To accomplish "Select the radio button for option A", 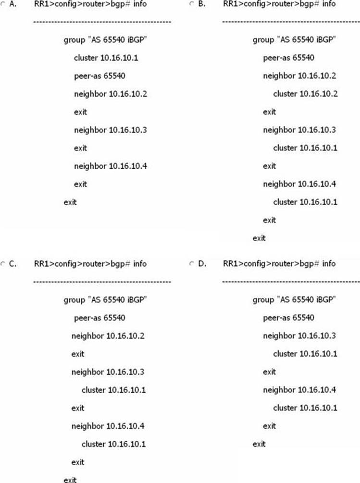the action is click(x=2, y=4).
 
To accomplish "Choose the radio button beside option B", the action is click(x=192, y=4).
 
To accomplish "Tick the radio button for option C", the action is click(x=2, y=264).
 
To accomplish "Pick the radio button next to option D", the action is click(x=192, y=264).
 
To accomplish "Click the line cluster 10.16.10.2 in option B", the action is click(x=305, y=94).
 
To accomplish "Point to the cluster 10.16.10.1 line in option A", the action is click(x=106, y=58).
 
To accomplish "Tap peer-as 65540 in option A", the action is click(x=99, y=76).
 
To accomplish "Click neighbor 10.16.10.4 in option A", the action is click(x=110, y=166).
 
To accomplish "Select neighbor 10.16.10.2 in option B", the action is click(x=299, y=76).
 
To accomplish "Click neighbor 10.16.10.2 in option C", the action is click(x=108, y=336).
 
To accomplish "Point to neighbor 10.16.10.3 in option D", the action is click(x=299, y=336).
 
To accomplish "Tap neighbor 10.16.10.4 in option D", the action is click(x=299, y=390).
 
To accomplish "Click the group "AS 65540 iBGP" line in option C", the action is click(x=105, y=300).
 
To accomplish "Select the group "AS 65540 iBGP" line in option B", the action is click(x=294, y=40).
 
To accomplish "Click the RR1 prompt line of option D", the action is click(x=279, y=264).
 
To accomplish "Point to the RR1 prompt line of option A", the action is click(x=90, y=4).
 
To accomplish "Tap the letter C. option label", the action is click(x=12, y=264).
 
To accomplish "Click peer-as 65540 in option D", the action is click(x=288, y=318).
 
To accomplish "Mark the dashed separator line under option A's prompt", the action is click(x=102, y=22).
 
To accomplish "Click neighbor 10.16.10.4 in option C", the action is click(x=108, y=426).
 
